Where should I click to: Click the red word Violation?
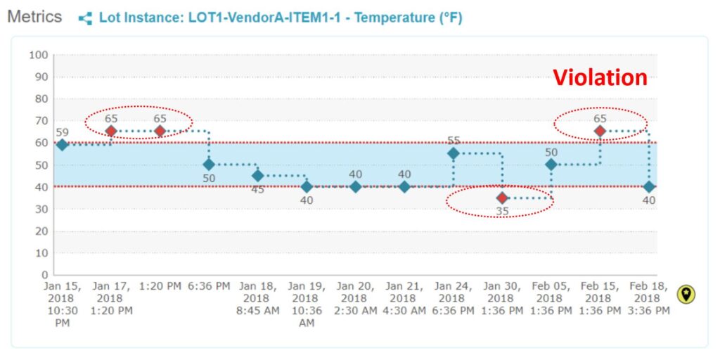[x=600, y=77]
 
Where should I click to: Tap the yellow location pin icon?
[x=686, y=295]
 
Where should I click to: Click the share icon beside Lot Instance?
[x=85, y=18]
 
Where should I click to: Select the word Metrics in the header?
[x=34, y=17]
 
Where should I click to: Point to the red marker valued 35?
[x=502, y=198]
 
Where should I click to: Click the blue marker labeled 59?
[x=62, y=145]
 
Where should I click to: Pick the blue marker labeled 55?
[x=454, y=153]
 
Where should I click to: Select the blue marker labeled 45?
[x=257, y=176]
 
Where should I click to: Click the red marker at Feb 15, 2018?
[x=600, y=131]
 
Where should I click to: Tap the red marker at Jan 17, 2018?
[x=110, y=131]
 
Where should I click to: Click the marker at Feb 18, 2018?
[x=649, y=186]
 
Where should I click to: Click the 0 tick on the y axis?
[x=44, y=275]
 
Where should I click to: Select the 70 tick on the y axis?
[x=41, y=121]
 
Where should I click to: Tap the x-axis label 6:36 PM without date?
[x=208, y=286]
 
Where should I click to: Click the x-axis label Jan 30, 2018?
[x=502, y=298]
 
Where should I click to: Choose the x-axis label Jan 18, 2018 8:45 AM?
[x=257, y=298]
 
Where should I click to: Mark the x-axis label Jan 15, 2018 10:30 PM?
[x=62, y=304]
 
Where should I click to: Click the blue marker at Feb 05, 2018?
[x=551, y=165]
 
